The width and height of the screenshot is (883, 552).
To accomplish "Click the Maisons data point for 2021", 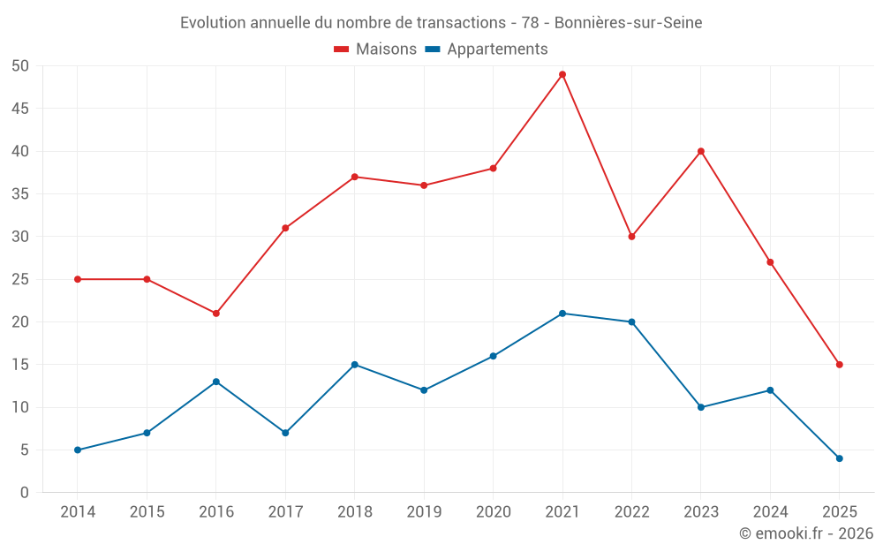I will (562, 74).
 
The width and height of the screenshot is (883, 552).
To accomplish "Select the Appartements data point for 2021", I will (562, 314).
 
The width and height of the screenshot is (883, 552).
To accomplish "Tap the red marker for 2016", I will (216, 314).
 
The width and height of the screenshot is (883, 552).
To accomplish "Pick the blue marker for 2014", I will (78, 450).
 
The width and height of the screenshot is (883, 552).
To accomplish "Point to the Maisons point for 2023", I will (701, 151).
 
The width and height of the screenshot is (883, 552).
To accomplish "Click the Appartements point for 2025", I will (840, 458).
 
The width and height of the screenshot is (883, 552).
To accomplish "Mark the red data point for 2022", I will (631, 237).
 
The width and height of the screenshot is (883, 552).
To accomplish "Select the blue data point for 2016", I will (216, 382).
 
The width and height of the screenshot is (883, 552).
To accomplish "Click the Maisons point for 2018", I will (355, 177).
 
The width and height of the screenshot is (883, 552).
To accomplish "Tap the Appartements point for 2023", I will (701, 407).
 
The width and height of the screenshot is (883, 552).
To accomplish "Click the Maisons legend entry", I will (375, 49).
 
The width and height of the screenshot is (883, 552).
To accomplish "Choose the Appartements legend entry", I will (487, 49).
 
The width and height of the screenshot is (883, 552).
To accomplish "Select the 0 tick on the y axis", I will (26, 493).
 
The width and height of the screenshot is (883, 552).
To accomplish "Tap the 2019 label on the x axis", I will (424, 512).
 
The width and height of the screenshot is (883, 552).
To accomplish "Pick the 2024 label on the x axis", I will (770, 512).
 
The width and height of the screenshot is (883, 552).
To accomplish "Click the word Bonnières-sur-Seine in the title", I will (628, 23).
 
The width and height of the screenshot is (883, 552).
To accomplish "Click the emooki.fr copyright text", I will (806, 533).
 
